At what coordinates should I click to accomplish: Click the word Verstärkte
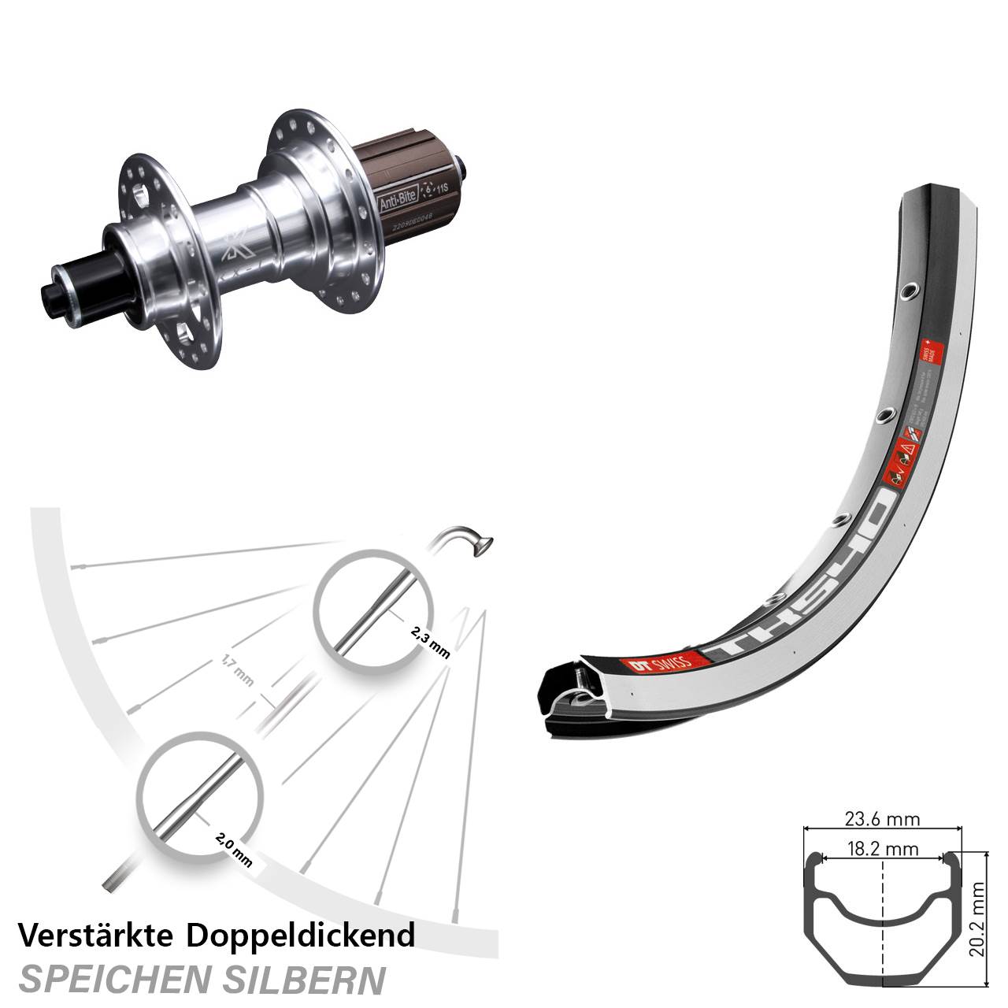(x=98, y=936)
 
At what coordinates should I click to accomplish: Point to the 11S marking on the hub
(x=444, y=190)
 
